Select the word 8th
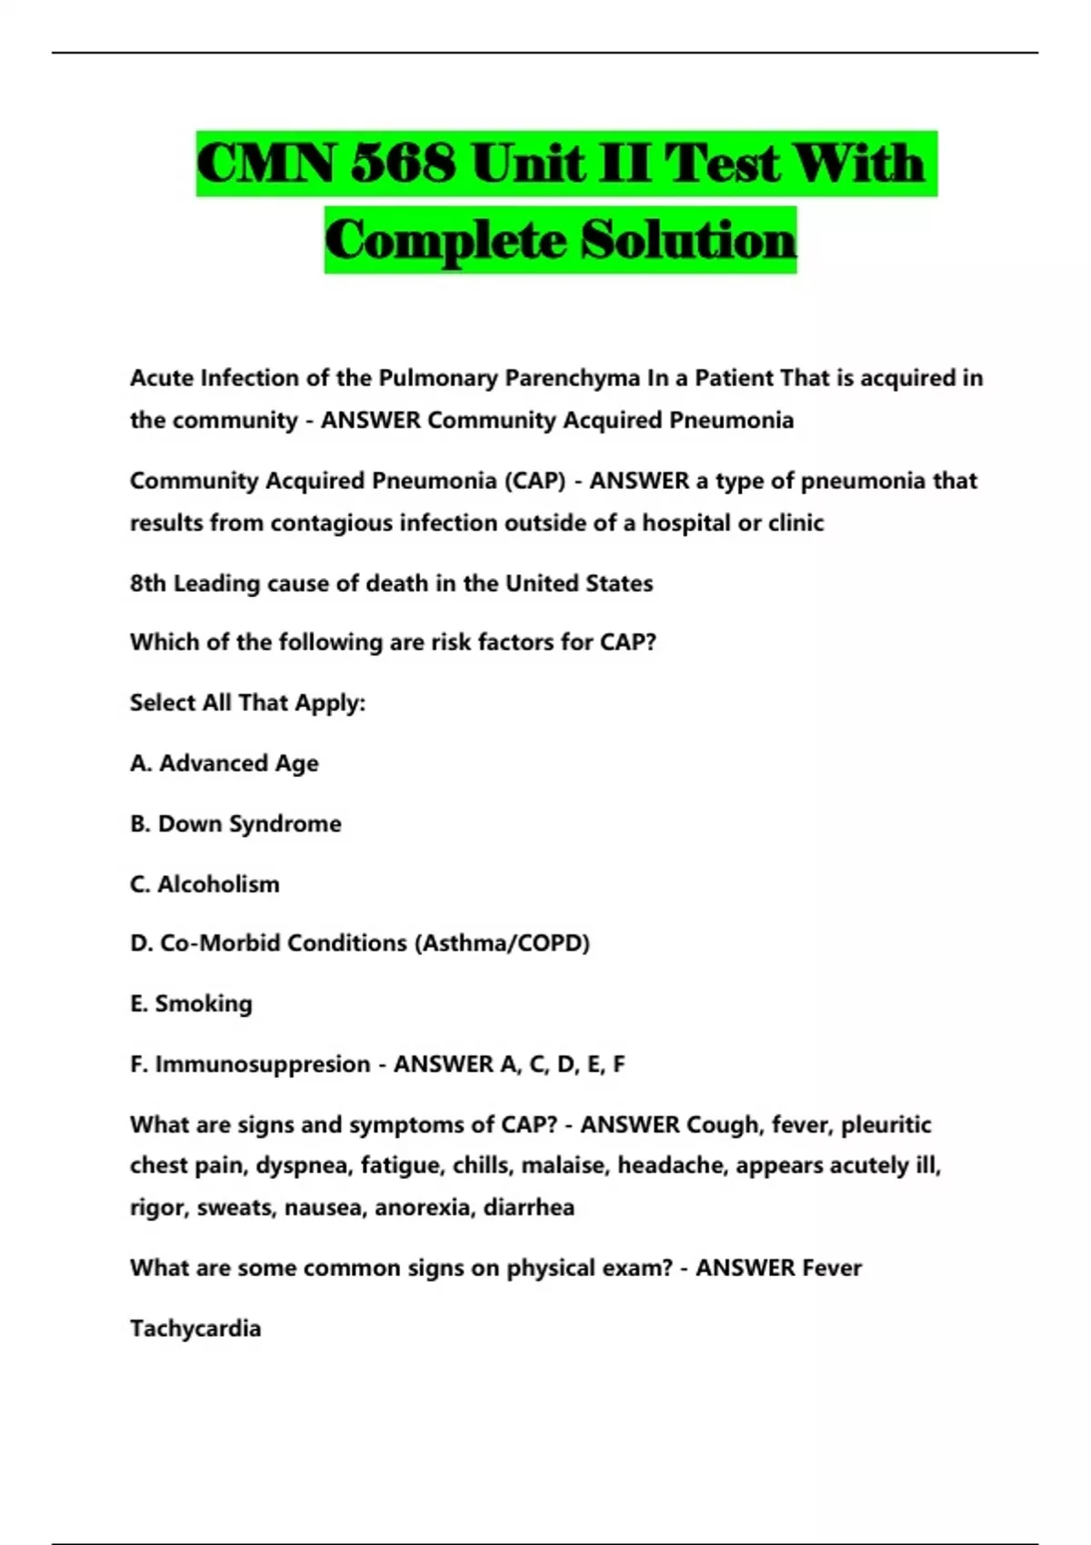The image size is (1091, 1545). pyautogui.click(x=147, y=583)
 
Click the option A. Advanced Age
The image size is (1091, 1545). pyautogui.click(x=225, y=763)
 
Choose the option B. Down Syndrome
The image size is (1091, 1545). pyautogui.click(x=235, y=823)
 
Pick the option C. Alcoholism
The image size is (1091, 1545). pyautogui.click(x=205, y=884)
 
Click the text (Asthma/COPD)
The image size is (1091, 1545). pyautogui.click(x=502, y=943)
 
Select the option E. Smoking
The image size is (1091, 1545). pyautogui.click(x=191, y=1003)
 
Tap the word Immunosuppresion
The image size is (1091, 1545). pyautogui.click(x=262, y=1064)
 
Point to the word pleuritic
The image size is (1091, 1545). pyautogui.click(x=886, y=1125)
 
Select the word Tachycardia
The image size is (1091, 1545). pyautogui.click(x=195, y=1329)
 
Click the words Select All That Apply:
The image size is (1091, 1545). pyautogui.click(x=247, y=703)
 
